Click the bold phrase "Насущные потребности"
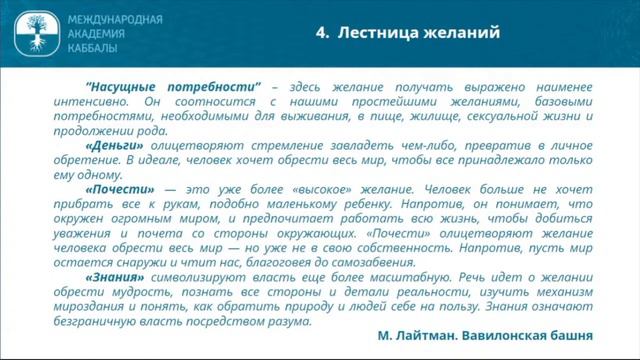coord(174,88)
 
